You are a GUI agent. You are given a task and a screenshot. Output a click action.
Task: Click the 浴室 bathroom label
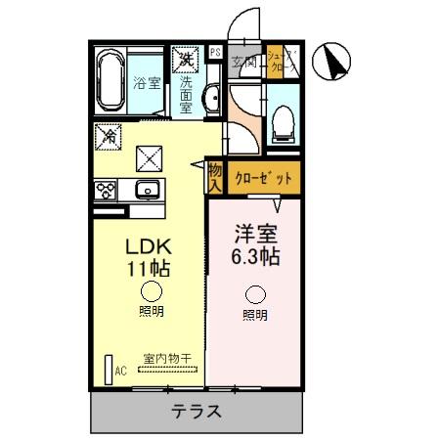click(x=148, y=84)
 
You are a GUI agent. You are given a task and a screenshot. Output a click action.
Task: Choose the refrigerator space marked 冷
click(x=108, y=136)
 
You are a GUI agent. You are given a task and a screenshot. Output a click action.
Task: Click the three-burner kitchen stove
click(x=107, y=188)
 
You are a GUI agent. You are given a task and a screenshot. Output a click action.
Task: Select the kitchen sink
click(x=148, y=189)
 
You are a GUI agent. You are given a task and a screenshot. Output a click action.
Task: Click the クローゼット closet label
click(x=263, y=179)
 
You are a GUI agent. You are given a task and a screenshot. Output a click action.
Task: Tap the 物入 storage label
click(x=215, y=178)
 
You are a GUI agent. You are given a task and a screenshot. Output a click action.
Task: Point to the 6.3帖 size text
click(x=256, y=257)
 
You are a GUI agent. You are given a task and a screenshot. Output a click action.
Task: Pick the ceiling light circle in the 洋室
click(x=256, y=293)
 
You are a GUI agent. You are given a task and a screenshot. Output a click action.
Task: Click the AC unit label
click(x=121, y=371)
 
